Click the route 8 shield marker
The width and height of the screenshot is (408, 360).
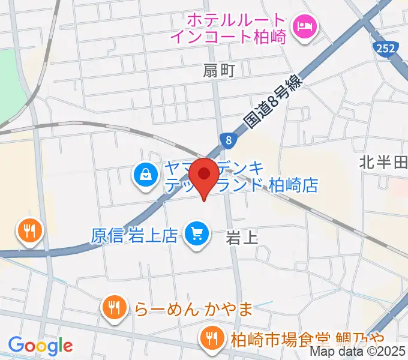point(229,140)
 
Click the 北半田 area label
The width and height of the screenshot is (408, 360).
point(383,161)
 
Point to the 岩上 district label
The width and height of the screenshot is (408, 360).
point(242,238)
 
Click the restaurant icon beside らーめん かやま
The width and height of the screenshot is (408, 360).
point(113,308)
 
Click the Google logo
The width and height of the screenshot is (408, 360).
point(40,346)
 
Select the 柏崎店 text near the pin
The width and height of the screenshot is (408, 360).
point(293,185)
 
